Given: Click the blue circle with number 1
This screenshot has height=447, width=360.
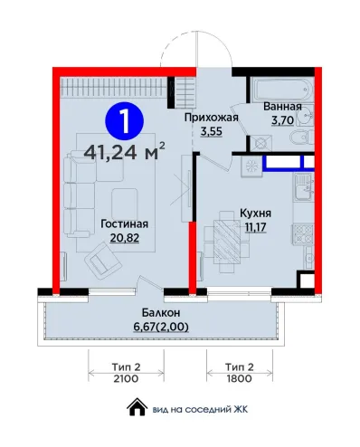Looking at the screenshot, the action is (x=124, y=120).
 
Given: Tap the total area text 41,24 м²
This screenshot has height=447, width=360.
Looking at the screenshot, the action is (x=125, y=152).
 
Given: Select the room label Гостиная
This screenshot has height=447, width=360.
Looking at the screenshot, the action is (x=125, y=224).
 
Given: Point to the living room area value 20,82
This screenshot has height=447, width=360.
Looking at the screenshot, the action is (x=125, y=238).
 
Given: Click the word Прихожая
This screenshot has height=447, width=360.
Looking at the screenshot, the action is (x=212, y=118).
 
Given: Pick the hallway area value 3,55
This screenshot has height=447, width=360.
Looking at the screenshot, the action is (x=212, y=132).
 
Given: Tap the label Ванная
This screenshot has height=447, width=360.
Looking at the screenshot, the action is (x=282, y=107).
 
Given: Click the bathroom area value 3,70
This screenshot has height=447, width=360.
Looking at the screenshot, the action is (x=282, y=120).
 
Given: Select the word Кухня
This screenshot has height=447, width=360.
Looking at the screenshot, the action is (x=255, y=214).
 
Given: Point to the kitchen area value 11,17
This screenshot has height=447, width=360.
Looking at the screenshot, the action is (x=255, y=227).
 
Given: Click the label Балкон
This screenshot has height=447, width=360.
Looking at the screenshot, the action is (x=161, y=313).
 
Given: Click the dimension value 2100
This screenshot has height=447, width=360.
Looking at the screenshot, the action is (x=126, y=378).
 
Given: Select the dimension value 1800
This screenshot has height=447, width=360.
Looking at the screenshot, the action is (x=240, y=378).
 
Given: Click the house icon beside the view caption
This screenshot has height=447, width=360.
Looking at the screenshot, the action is (x=137, y=407).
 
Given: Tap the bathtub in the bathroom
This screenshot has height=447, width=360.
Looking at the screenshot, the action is (x=282, y=90).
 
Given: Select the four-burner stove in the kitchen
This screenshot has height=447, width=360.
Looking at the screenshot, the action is (x=303, y=234).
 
